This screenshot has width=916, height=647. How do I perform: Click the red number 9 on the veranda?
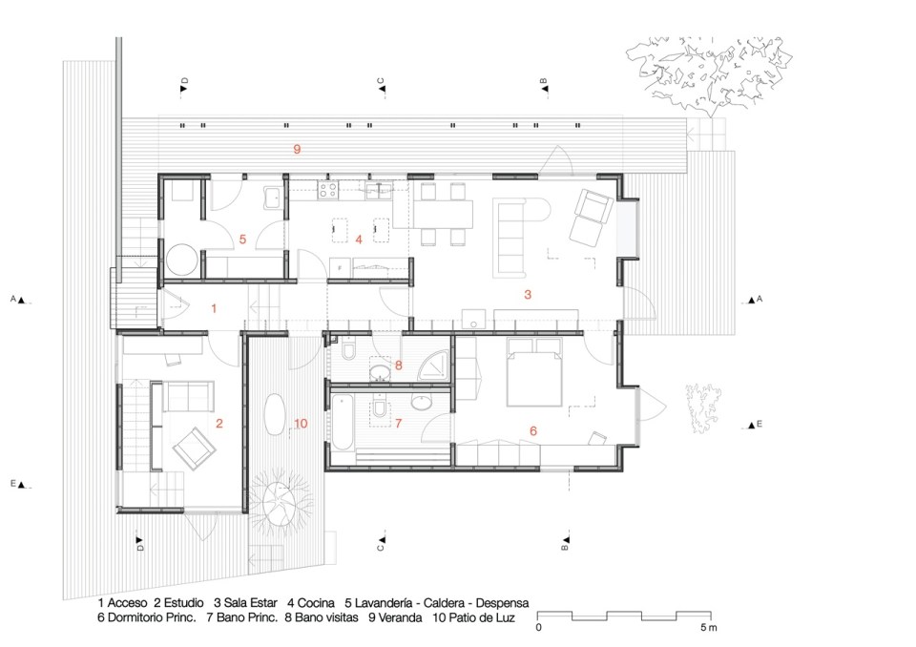(x=297, y=149)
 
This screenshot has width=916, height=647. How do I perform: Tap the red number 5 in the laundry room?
(x=243, y=239)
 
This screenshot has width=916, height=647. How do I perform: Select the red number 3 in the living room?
(x=528, y=295)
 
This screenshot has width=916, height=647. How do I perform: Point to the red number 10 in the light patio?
(x=301, y=424)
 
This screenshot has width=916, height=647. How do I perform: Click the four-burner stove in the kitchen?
(x=327, y=189)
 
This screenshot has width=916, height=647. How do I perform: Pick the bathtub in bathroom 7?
(x=343, y=422)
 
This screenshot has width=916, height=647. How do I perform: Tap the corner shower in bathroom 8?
(x=434, y=366)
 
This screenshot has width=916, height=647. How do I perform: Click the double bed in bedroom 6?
(x=534, y=372)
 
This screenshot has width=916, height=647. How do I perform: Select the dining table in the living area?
(x=441, y=214)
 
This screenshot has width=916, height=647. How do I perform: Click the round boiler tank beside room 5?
(x=181, y=260)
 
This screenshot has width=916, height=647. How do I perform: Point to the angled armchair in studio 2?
(x=195, y=448)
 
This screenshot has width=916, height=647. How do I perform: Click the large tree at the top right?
(x=708, y=73)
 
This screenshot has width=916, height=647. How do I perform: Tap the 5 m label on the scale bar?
(x=709, y=628)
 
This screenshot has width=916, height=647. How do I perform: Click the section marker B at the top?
(x=544, y=85)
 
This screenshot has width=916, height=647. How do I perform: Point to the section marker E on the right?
(x=755, y=425)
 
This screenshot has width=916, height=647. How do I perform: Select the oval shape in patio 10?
(x=276, y=414)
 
